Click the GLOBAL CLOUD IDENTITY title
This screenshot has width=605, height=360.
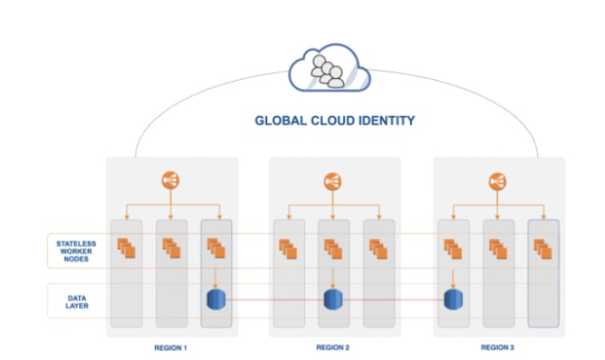click(x=335, y=121)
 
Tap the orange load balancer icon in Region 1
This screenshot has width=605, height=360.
click(x=170, y=181)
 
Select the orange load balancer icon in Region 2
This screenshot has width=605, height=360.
click(x=333, y=181)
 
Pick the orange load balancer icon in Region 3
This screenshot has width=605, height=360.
click(x=497, y=181)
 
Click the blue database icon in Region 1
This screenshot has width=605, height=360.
click(x=215, y=300)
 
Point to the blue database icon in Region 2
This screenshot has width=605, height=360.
click(x=333, y=300)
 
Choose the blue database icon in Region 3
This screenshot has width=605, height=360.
click(x=454, y=300)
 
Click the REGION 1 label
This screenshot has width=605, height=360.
click(x=170, y=347)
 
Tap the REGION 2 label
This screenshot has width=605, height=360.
click(x=333, y=347)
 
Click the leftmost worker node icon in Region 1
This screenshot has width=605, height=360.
click(x=126, y=249)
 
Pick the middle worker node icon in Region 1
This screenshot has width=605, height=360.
click(x=170, y=249)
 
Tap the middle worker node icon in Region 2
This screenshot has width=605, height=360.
click(x=333, y=249)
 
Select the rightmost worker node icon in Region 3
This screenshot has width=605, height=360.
click(x=542, y=249)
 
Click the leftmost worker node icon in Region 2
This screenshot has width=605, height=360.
click(x=289, y=249)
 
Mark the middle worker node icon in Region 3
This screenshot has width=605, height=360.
click(x=498, y=249)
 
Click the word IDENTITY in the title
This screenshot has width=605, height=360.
click(x=387, y=121)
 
